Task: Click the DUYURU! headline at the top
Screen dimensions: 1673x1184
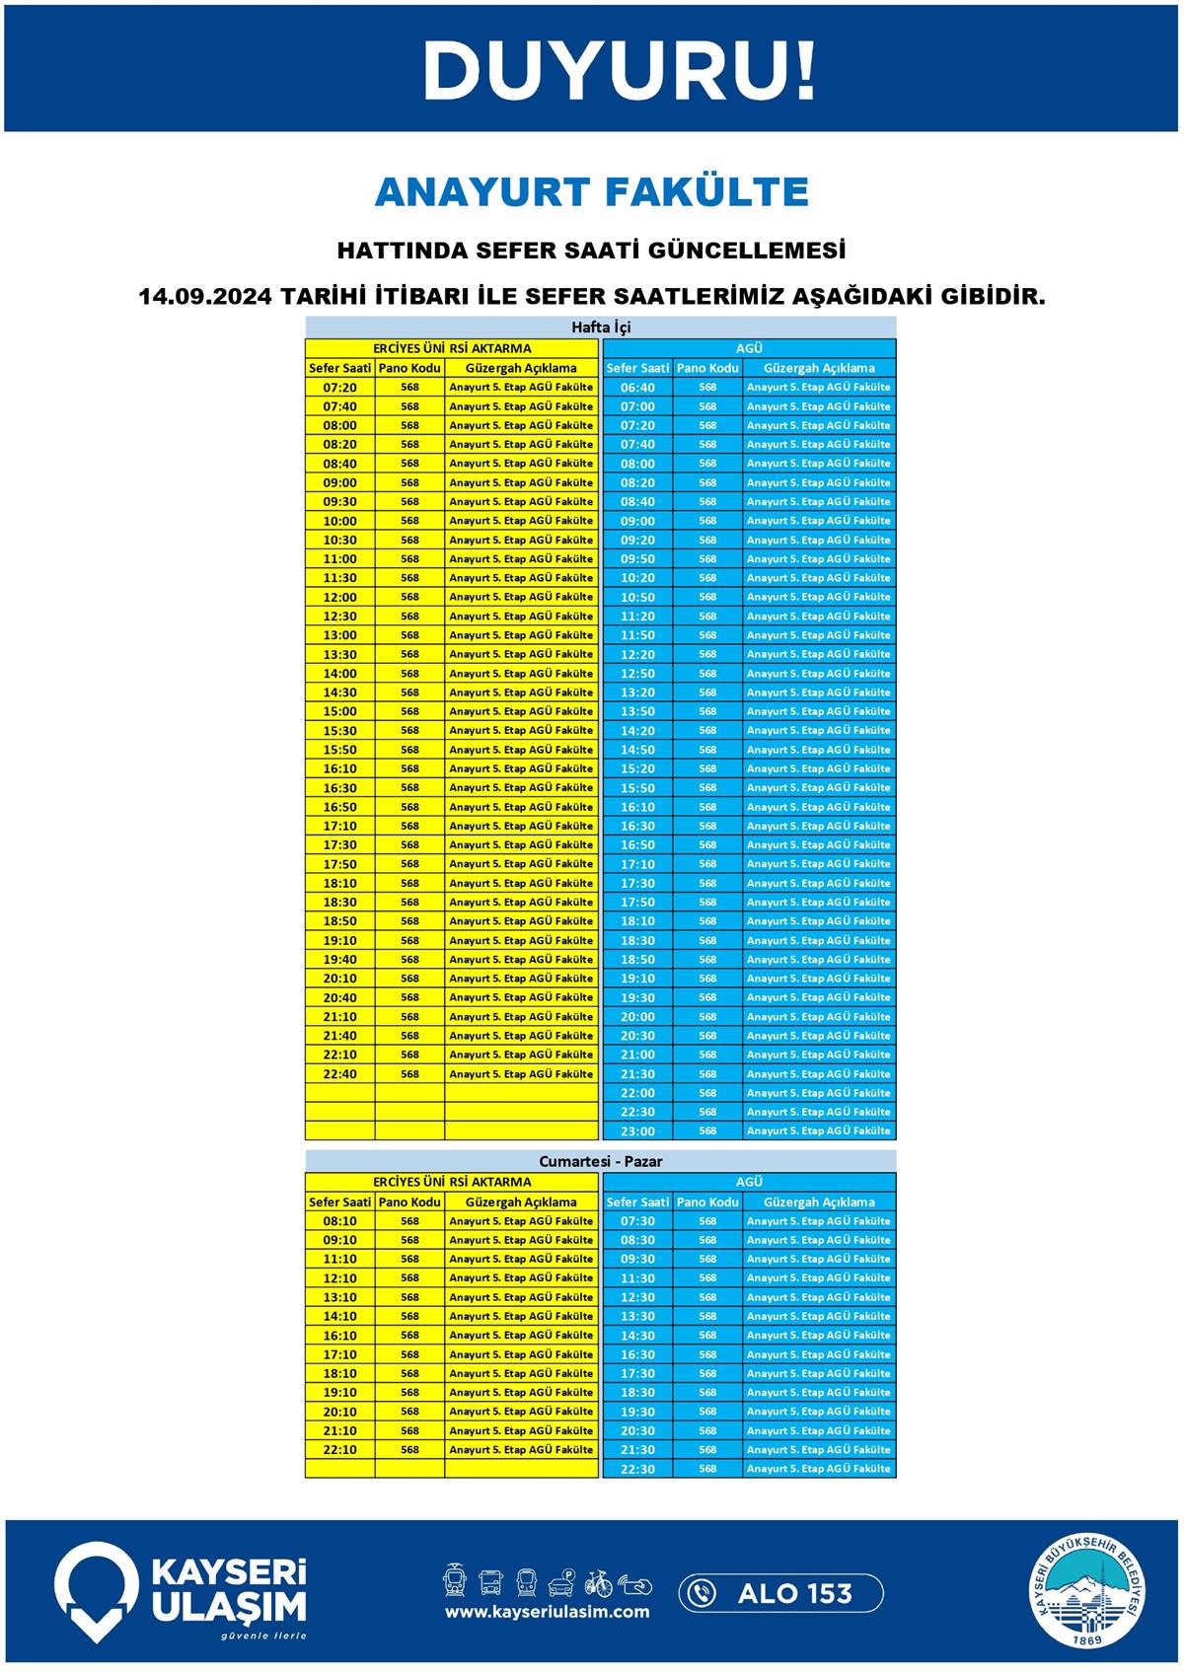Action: point(619,71)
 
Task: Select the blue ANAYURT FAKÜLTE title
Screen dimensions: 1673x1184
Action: point(592,191)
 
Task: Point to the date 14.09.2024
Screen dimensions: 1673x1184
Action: point(204,296)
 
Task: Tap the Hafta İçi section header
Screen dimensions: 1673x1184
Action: point(600,327)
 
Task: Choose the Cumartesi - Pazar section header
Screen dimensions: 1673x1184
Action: point(600,1161)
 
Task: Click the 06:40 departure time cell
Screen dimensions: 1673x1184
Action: point(637,388)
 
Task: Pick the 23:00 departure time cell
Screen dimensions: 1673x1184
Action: point(637,1131)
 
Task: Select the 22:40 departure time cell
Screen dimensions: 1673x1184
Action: point(339,1074)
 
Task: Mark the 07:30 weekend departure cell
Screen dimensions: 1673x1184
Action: point(637,1221)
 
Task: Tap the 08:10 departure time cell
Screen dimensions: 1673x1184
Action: point(339,1221)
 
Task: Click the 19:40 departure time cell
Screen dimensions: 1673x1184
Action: point(339,960)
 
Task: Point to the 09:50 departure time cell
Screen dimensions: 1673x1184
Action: point(637,559)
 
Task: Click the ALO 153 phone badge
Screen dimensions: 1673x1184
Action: point(780,1593)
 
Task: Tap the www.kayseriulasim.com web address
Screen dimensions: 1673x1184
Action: point(547,1612)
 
